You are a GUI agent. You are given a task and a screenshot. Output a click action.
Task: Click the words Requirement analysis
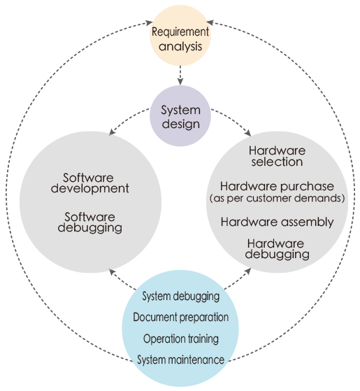tap(180, 39)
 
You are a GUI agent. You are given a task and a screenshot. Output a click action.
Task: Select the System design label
tap(180, 117)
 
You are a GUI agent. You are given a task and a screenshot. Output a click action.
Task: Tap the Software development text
tap(89, 183)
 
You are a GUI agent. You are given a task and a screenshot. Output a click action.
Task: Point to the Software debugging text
tap(90, 222)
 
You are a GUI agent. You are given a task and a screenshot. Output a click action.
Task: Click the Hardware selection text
tap(277, 156)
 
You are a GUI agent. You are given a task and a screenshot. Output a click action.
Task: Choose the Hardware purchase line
tap(277, 186)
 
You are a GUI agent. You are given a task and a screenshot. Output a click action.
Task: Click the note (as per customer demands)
tap(277, 198)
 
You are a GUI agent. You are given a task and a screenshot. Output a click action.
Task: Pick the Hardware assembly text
tap(277, 222)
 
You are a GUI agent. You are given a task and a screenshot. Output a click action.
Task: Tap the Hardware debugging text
tap(277, 250)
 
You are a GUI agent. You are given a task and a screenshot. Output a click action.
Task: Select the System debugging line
tap(180, 297)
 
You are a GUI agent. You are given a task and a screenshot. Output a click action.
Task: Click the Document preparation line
tap(180, 317)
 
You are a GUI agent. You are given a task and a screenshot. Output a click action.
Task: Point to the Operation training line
tap(181, 339)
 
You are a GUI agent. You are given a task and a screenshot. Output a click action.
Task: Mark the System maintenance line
tap(180, 360)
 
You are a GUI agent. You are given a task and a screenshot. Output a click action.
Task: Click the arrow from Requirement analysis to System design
tap(180, 75)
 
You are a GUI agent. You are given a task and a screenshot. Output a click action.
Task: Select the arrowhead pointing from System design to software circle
tap(112, 132)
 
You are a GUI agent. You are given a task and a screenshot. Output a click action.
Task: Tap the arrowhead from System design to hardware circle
tap(248, 133)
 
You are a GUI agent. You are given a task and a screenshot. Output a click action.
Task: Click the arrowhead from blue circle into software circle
tap(112, 272)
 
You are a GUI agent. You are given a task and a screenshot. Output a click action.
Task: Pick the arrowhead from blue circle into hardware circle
tap(248, 271)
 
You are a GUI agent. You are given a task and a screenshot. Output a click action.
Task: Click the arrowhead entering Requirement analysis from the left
tap(150, 23)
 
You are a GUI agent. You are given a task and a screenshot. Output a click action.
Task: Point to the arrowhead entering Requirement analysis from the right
tap(210, 22)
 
